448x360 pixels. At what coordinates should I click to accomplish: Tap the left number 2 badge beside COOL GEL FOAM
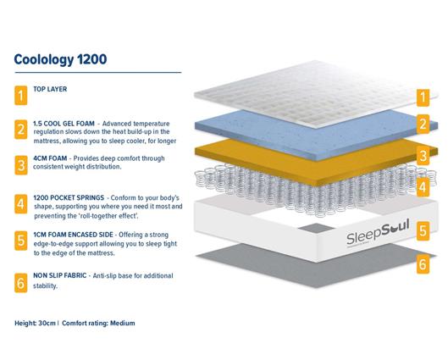click(20, 130)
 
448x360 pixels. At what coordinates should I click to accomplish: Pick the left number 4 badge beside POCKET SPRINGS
click(20, 204)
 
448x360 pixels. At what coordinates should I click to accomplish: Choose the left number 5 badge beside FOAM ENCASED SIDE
click(20, 241)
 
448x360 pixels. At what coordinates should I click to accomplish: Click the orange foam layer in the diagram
click(305, 161)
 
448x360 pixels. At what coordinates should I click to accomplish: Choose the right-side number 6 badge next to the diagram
click(422, 265)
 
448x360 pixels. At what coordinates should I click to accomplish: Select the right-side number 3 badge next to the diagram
click(422, 155)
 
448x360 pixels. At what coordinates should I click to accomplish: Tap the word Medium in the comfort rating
click(121, 323)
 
